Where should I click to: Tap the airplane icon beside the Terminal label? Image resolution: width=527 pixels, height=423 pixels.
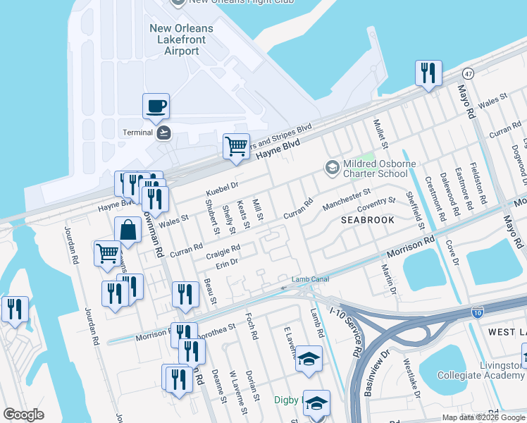[x=164, y=133]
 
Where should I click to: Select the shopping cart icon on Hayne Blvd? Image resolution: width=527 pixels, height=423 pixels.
[x=237, y=147]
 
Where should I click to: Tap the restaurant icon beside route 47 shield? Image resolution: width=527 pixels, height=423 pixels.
[x=428, y=73]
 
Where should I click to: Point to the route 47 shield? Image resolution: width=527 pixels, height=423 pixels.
[x=468, y=73]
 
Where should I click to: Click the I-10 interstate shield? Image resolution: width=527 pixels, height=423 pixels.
[x=477, y=312]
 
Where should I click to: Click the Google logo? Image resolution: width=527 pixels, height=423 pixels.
[x=24, y=414]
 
